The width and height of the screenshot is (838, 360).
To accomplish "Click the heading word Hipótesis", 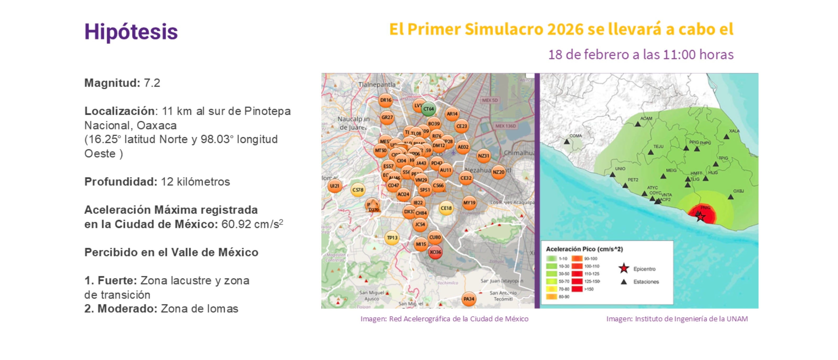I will (131, 32).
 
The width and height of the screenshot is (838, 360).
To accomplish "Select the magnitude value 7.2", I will (152, 83).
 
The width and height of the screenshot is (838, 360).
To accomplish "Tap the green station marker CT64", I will (428, 109).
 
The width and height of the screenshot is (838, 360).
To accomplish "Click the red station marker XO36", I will (435, 252).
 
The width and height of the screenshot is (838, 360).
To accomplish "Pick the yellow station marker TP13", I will (392, 238).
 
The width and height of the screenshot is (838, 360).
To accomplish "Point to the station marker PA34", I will (469, 299).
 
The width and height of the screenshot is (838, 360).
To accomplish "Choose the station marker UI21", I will (334, 186).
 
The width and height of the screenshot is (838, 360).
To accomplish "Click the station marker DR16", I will (386, 100).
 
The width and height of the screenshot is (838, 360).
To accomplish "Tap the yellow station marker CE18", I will (446, 208).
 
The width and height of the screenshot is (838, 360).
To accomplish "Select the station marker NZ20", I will (498, 172).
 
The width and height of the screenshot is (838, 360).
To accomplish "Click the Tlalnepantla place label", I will (377, 84).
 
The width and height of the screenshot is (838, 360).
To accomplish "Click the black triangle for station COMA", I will (567, 142).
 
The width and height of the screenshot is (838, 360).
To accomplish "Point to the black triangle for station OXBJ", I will (731, 197).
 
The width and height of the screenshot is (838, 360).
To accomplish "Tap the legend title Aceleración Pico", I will (584, 249).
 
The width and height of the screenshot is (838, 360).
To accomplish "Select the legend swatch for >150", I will (577, 289).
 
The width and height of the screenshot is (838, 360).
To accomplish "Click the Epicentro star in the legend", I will (624, 269).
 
